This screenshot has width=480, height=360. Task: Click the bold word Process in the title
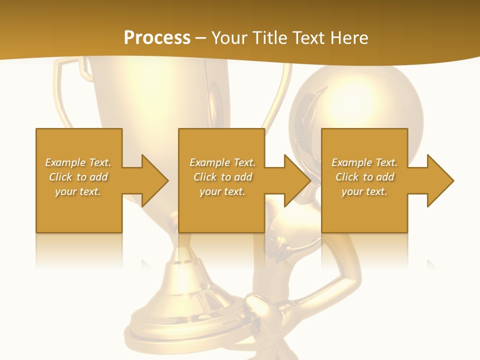(x=157, y=38)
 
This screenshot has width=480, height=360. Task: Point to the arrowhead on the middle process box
(x=296, y=180)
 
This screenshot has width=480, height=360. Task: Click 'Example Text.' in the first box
(x=78, y=162)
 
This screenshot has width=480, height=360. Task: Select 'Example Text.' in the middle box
(x=222, y=162)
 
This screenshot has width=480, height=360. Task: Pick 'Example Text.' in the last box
(x=364, y=162)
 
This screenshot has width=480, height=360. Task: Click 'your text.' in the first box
(x=78, y=191)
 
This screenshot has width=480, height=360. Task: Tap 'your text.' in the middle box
(x=222, y=191)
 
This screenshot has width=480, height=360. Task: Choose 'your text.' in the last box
(x=364, y=191)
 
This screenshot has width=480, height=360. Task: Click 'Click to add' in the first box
(x=78, y=177)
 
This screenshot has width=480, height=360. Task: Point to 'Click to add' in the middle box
(x=222, y=177)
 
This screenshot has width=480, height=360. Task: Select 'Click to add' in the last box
(x=364, y=177)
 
